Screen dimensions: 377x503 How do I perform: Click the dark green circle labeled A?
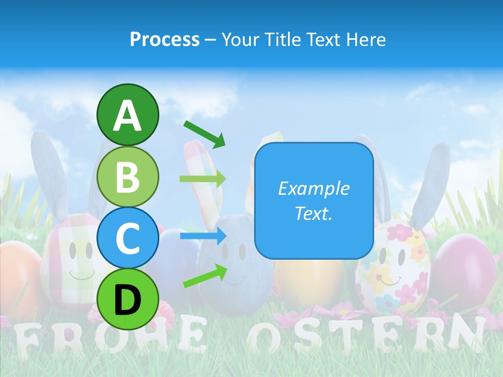[x=128, y=115]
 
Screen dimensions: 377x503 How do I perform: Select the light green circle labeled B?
[x=128, y=176]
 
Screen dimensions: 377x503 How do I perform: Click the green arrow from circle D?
[x=205, y=276]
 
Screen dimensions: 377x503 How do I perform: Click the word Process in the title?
[x=165, y=39]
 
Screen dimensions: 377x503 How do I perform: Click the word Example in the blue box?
[x=314, y=188]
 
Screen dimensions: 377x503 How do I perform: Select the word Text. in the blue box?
[x=314, y=213]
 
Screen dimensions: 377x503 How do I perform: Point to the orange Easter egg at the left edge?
[x=18, y=272]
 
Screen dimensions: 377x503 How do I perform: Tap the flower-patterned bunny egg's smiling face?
[x=392, y=267]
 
